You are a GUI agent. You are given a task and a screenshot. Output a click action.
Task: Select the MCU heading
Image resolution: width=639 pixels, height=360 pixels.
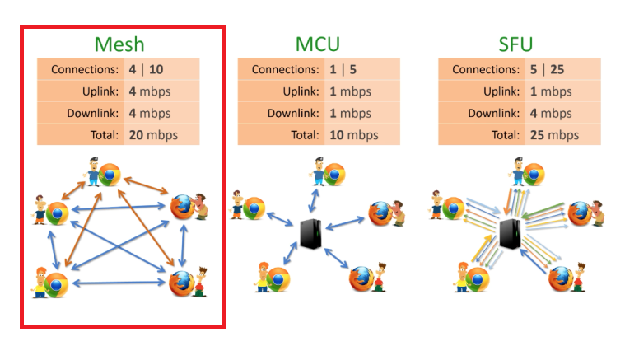[x=318, y=44]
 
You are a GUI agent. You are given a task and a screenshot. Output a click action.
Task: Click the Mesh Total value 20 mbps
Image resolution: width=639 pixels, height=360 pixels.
[x=152, y=134]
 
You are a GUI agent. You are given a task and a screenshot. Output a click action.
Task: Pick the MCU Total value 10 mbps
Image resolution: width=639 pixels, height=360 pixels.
[x=353, y=134]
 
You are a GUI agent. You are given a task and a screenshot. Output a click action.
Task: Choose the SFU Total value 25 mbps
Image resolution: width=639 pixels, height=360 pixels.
[x=554, y=134]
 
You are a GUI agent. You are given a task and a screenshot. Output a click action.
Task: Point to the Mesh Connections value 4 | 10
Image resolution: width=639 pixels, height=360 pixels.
[x=146, y=69]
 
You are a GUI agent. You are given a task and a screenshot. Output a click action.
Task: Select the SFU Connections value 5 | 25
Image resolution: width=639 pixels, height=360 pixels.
[x=548, y=69]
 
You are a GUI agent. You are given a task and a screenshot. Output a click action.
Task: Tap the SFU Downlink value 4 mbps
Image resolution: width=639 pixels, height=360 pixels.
[x=550, y=113]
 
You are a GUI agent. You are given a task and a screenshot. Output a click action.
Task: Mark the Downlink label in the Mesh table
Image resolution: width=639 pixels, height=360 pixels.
[x=93, y=113]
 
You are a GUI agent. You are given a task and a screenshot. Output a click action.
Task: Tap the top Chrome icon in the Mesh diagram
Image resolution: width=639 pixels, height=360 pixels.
[x=110, y=175]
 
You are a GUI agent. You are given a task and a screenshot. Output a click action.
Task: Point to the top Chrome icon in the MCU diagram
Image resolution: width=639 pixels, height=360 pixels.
[x=334, y=175]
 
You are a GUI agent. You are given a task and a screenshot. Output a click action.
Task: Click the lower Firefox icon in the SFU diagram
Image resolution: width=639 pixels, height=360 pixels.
[x=562, y=278]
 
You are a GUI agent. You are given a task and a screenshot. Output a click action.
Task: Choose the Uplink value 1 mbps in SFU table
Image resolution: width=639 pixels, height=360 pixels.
[x=550, y=91]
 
